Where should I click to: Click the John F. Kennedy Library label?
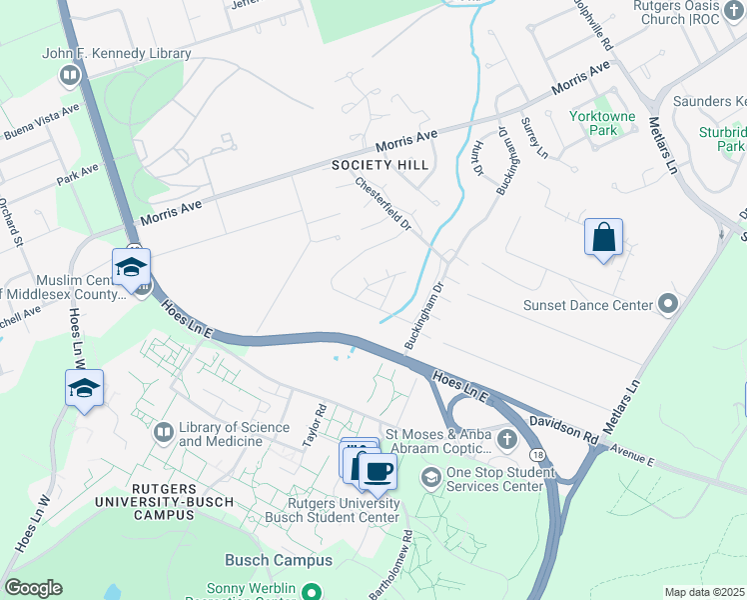(109, 53)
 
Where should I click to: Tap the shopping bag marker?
(603, 238)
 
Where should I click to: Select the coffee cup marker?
(376, 469)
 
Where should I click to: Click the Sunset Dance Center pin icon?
(668, 304)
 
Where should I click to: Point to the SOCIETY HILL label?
(380, 165)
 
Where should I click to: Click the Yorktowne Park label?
(602, 123)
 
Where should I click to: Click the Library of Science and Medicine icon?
(163, 433)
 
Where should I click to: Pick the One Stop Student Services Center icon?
(431, 476)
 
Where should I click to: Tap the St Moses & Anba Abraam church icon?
(507, 438)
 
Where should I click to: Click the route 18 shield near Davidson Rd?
(539, 455)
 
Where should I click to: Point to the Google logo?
(33, 588)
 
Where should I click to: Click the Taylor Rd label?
(316, 426)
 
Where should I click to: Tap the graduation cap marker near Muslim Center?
(131, 267)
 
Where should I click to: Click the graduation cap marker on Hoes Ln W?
(84, 387)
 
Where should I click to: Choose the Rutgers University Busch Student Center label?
(332, 510)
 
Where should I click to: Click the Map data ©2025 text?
(704, 592)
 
